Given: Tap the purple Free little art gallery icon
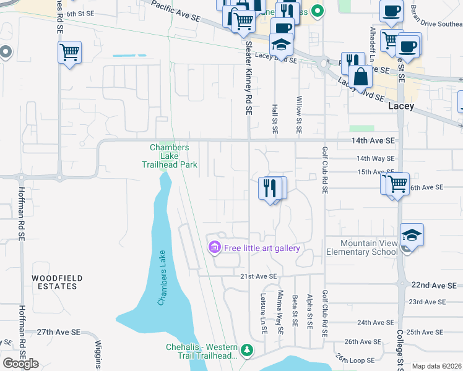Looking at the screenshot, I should tap(215, 248).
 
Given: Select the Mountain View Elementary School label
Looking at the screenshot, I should tap(369, 247).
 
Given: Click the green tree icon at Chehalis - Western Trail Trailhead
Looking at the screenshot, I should tap(247, 351).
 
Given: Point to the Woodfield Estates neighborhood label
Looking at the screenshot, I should tap(56, 282).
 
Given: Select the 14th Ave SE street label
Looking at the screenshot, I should tap(370, 142).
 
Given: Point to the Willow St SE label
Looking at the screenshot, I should tap(299, 115).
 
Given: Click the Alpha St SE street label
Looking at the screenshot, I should tap(309, 311).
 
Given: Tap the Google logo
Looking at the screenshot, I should tap(20, 363).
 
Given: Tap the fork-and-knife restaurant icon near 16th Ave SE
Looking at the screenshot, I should tap(269, 187).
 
